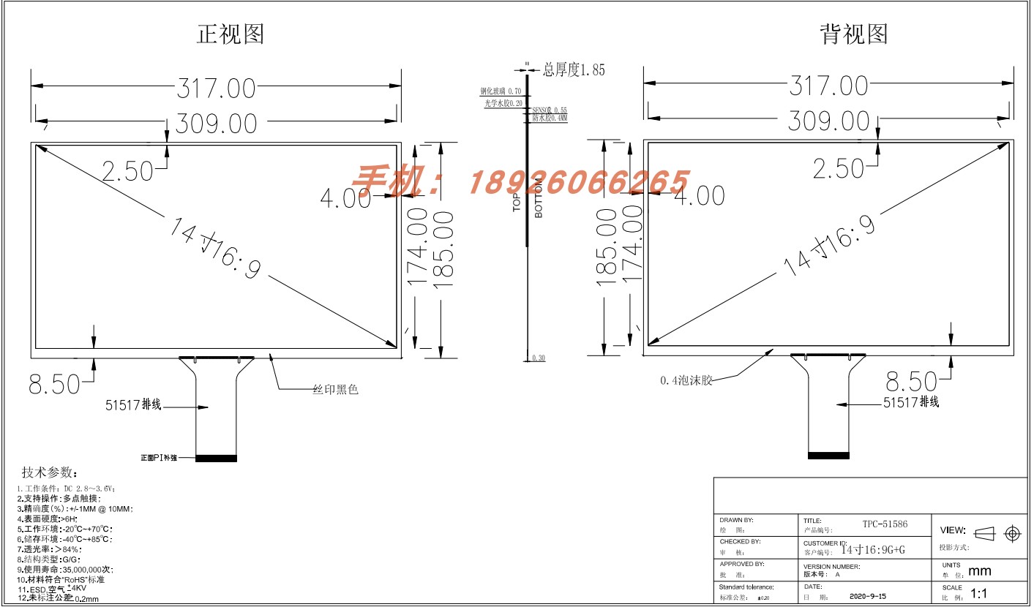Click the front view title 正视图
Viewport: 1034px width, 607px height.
click(x=231, y=34)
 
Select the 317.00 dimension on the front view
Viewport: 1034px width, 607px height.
click(x=217, y=88)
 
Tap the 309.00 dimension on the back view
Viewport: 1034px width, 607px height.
click(x=828, y=121)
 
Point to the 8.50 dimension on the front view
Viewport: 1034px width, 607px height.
click(x=55, y=384)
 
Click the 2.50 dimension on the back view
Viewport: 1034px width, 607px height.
click(x=839, y=169)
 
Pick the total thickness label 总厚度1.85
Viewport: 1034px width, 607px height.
click(x=574, y=69)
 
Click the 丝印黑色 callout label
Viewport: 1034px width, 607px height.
click(x=336, y=390)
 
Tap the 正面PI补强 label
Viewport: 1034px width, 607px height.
click(x=159, y=458)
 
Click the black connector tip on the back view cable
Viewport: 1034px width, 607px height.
click(x=828, y=455)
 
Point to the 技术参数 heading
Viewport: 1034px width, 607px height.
click(x=50, y=472)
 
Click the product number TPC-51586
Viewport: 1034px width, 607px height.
click(x=884, y=524)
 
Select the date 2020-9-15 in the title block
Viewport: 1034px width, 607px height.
click(x=868, y=596)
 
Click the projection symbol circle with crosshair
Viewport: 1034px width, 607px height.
click(x=1013, y=534)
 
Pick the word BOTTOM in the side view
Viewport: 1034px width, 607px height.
click(x=539, y=199)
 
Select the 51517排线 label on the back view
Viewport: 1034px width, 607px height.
click(x=911, y=402)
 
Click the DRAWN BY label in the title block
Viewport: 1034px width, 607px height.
click(x=736, y=520)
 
